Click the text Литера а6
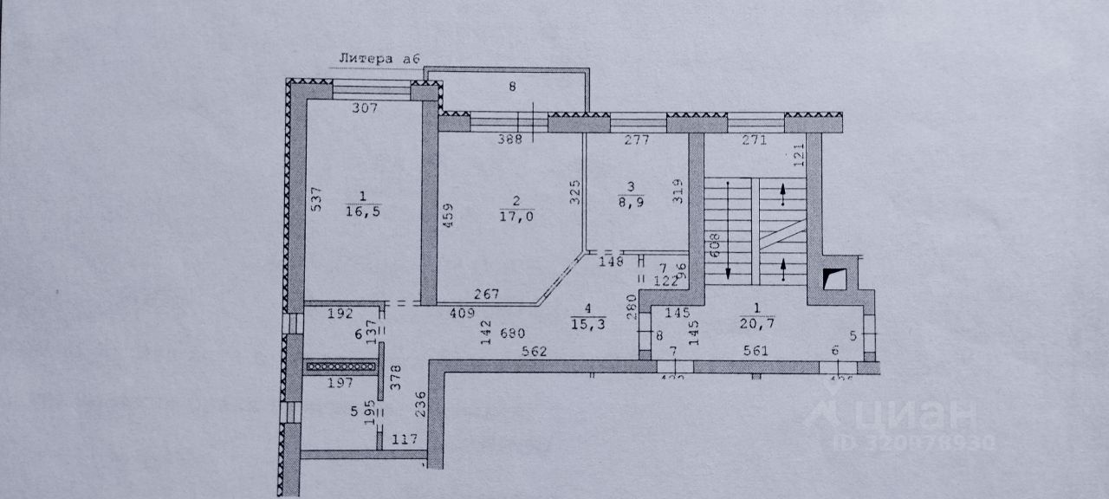[x=379, y=59]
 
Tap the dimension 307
[x=365, y=108]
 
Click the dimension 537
[x=317, y=199]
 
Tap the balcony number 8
[x=512, y=87]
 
